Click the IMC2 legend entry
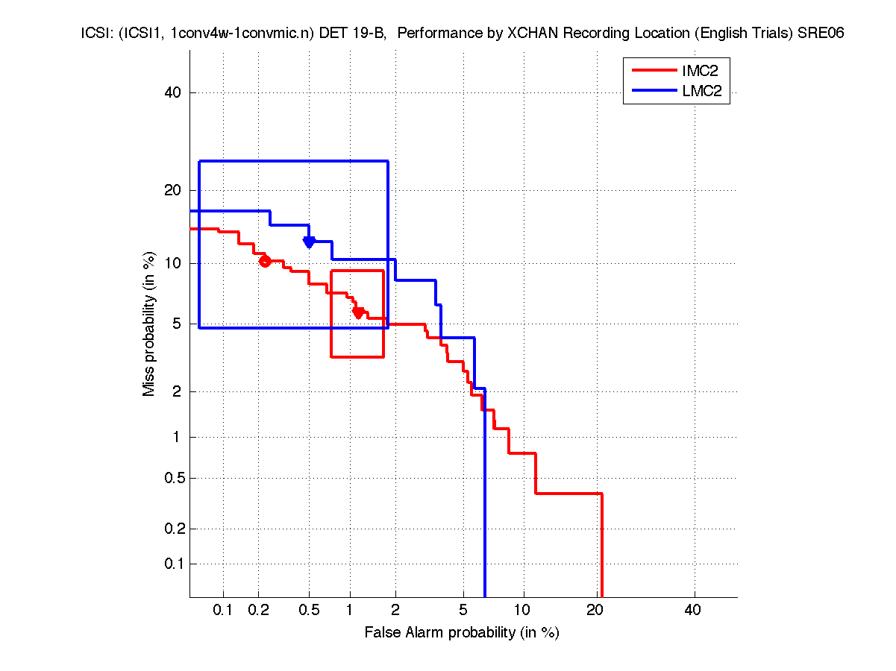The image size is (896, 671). point(693,72)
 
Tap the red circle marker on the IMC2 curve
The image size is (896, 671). point(265,260)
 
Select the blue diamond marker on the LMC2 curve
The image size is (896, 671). point(309,241)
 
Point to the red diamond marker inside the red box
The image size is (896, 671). point(358,312)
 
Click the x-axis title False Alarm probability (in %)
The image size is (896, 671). point(462,633)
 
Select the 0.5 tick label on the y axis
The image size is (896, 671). point(172,478)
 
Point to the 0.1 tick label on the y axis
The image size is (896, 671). point(172,564)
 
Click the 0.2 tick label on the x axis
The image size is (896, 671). point(259,610)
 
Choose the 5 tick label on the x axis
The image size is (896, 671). point(463,610)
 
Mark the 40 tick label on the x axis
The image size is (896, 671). point(693,610)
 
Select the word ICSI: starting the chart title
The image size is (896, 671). point(95,33)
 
